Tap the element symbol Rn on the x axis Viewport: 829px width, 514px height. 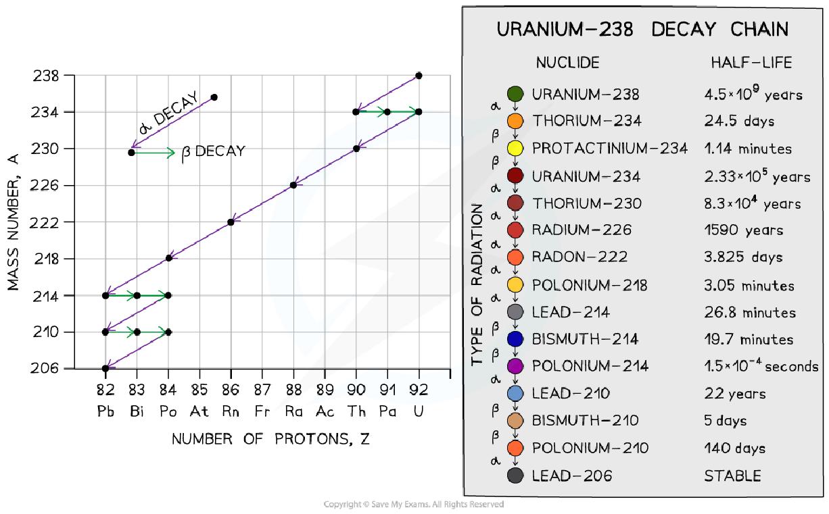click(x=231, y=411)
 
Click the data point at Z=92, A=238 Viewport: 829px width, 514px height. click(x=419, y=75)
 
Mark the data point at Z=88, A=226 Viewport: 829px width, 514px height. click(x=293, y=185)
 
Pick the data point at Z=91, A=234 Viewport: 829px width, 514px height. click(x=387, y=111)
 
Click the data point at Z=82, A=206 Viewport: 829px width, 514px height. click(x=105, y=369)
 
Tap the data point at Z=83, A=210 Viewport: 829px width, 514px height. click(x=137, y=332)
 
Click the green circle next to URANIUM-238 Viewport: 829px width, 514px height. click(x=515, y=94)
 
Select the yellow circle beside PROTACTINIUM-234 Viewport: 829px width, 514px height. click(x=515, y=148)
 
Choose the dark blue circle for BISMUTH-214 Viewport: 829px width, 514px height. click(x=515, y=339)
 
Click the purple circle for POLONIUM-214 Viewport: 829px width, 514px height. click(x=515, y=366)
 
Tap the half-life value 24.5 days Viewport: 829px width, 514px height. click(x=739, y=121)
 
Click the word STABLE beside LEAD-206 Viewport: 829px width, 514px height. click(x=732, y=476)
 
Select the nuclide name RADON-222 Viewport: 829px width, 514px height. click(x=579, y=257)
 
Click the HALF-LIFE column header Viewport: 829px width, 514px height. click(x=751, y=63)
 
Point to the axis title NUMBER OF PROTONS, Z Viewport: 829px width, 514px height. click(x=270, y=439)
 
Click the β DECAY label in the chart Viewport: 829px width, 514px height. click(x=214, y=152)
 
